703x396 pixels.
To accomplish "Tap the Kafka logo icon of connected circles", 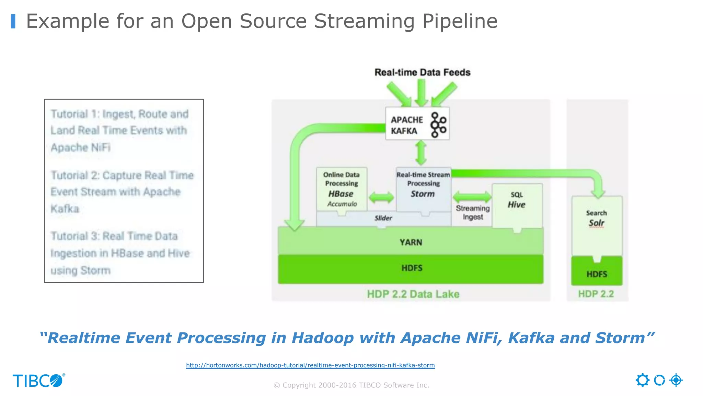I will coord(438,124).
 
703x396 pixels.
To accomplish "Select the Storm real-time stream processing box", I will coord(423,189).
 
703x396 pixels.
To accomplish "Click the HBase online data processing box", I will coord(342,189).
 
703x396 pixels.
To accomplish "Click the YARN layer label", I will coord(411,242).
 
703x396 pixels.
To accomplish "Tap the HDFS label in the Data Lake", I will coord(412,268).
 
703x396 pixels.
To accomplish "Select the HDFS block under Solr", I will coord(597,274).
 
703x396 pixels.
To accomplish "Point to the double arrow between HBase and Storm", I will coord(381,198).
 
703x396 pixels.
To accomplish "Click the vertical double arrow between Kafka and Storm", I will coord(421,153).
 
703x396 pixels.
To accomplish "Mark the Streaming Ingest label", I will coord(473,213).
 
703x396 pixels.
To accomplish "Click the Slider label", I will coord(383,218).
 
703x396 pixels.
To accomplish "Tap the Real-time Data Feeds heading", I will coord(422,73).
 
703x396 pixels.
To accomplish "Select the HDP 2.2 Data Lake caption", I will coord(413,294).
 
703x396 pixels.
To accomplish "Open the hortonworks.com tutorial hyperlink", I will coord(310,365).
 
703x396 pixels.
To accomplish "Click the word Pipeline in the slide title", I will coord(460,21).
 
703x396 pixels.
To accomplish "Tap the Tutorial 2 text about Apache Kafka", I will coord(122,192).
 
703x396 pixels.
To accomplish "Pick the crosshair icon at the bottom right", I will coord(676,380).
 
